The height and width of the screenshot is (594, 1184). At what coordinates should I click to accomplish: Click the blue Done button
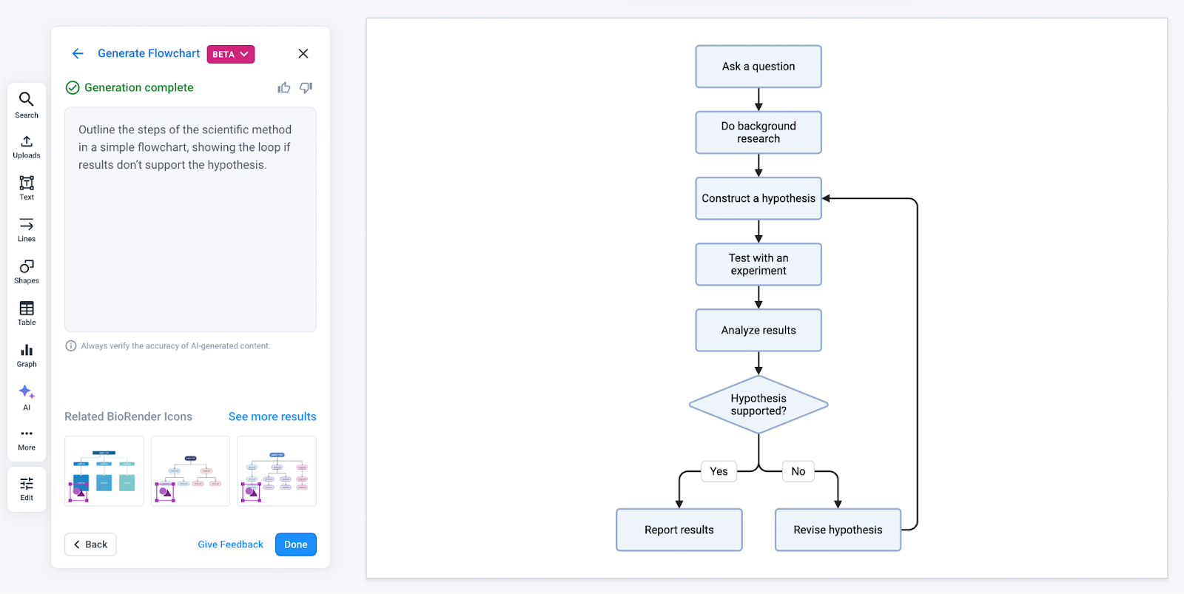tap(295, 544)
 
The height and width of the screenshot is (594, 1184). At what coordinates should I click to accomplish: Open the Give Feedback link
tap(230, 544)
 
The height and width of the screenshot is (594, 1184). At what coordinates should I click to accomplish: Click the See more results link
tap(272, 416)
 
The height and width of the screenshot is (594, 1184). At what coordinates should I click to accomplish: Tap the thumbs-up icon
tap(284, 87)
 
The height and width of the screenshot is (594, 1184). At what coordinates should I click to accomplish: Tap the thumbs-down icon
tap(306, 87)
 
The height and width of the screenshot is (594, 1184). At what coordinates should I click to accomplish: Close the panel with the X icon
tap(303, 53)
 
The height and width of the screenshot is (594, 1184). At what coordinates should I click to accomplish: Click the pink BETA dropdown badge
tap(230, 54)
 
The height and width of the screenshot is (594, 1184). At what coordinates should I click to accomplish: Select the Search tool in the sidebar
tap(27, 104)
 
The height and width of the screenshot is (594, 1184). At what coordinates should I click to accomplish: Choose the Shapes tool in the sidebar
tap(27, 271)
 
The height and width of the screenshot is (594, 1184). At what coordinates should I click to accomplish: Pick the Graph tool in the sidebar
tap(27, 355)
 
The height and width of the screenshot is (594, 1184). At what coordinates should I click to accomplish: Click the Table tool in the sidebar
tap(27, 313)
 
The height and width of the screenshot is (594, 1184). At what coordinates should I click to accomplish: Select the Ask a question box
tap(758, 67)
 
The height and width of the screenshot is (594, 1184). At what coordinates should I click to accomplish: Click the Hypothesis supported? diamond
tap(758, 405)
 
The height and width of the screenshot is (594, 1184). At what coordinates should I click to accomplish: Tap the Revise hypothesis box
tap(838, 530)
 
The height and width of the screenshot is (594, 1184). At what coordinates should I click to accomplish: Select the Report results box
tap(679, 530)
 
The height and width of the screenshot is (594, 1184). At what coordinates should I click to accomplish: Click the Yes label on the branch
tap(719, 471)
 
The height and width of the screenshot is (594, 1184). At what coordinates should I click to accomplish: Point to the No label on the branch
tap(798, 471)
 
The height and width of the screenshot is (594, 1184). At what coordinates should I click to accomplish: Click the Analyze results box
tap(758, 330)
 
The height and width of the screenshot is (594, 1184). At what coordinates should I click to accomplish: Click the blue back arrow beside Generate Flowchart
tap(78, 53)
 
